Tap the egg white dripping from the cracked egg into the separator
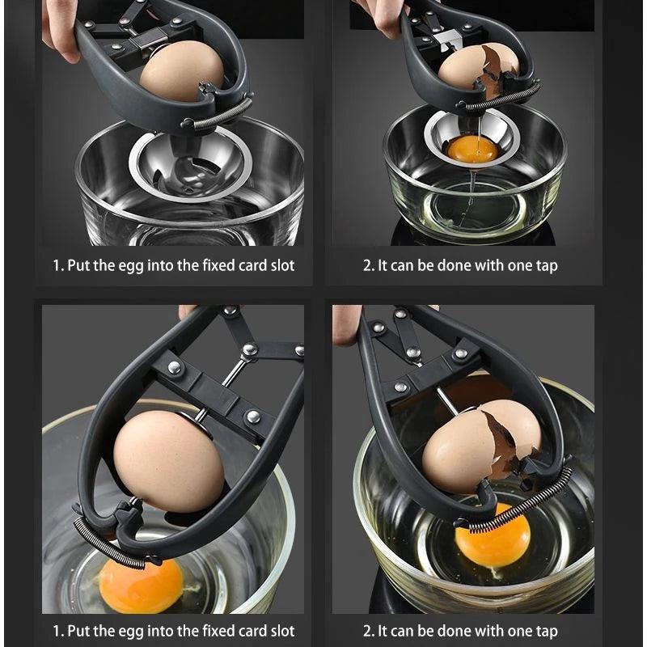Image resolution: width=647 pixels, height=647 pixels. click(474, 121)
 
